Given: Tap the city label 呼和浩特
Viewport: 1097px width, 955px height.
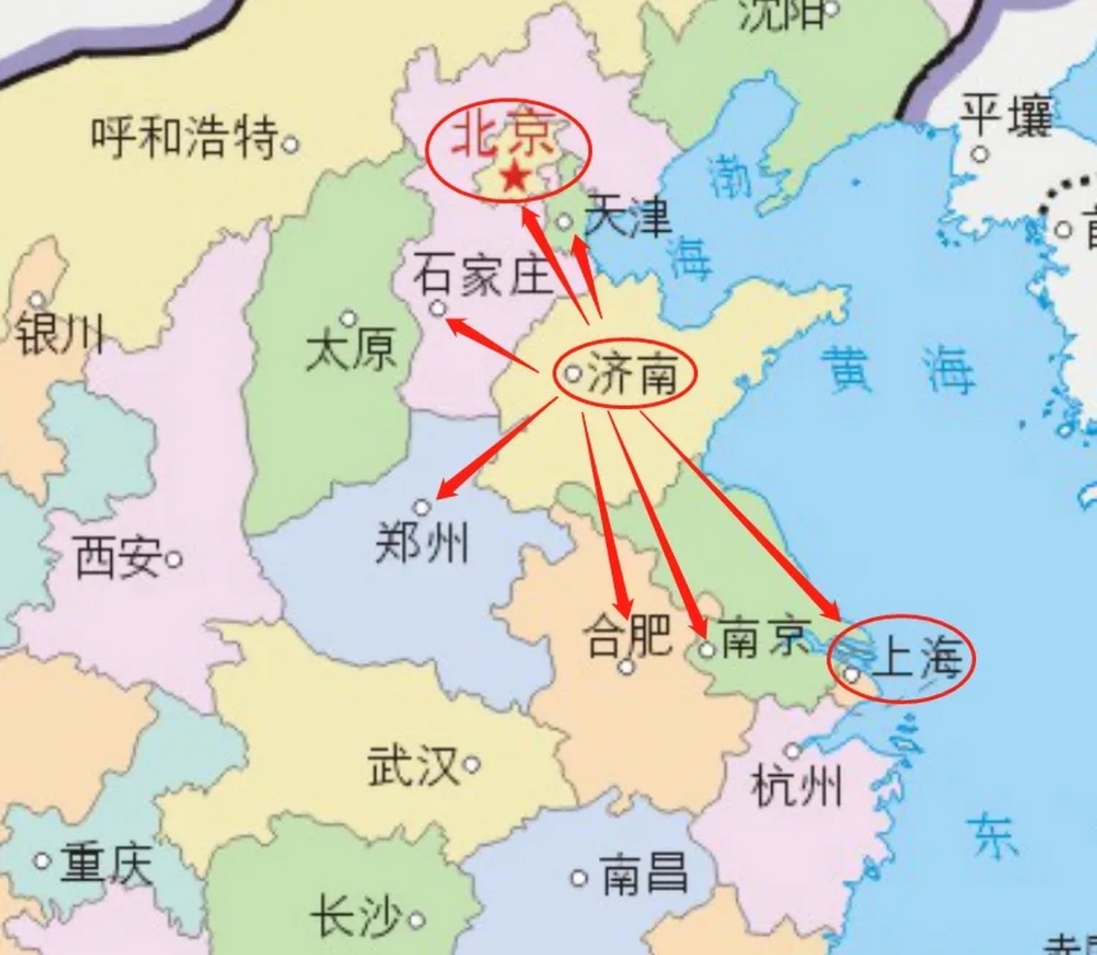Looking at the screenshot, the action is point(184,137).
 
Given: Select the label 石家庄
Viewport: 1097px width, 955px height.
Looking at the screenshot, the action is point(483,275).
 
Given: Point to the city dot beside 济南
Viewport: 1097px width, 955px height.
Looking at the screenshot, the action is point(572,374).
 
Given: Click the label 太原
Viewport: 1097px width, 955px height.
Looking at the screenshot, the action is point(351,351).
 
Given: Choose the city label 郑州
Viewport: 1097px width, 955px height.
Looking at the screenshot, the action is point(422,543).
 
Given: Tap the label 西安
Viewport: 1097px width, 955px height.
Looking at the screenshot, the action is point(118,557).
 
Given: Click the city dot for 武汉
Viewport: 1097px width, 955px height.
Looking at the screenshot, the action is point(472,764).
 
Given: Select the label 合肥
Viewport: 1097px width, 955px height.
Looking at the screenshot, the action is point(627,636).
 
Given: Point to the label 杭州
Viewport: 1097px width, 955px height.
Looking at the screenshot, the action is point(797,786).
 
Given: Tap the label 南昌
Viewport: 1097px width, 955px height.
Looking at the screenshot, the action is point(644,875).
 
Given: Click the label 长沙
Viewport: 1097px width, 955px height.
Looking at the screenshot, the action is point(356,917).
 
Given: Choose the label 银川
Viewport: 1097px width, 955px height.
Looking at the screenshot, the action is point(60,334).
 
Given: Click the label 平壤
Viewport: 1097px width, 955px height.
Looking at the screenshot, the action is point(1006,116).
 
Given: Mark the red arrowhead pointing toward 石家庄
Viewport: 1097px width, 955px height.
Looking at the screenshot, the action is point(454,323).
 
